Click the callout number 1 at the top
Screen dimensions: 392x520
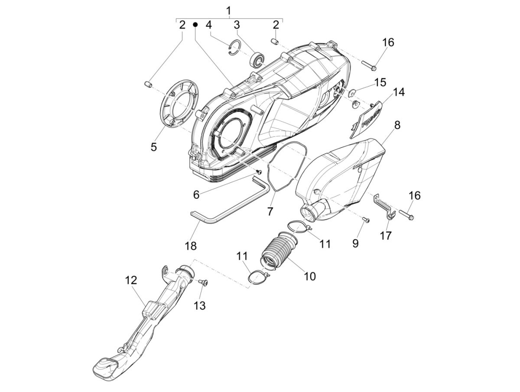pos(229,10)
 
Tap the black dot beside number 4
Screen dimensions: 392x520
pos(195,25)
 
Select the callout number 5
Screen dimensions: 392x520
pos(154,147)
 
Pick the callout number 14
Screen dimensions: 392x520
pos(399,92)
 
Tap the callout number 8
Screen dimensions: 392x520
pos(397,126)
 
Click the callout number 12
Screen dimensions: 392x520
pos(131,280)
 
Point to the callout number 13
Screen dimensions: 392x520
pos(199,305)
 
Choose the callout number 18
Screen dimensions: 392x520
pos(191,246)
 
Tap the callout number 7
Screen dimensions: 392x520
pos(270,211)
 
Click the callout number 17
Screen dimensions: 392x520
pos(386,235)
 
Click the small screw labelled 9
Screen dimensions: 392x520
pos(365,220)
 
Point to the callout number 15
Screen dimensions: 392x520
pos(380,82)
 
